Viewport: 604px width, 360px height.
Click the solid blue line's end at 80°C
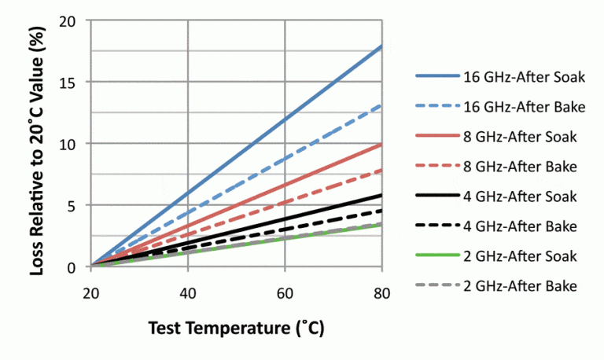[381, 46]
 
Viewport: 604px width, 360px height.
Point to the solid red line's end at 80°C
[381, 145]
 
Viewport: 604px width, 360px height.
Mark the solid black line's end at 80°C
[381, 195]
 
